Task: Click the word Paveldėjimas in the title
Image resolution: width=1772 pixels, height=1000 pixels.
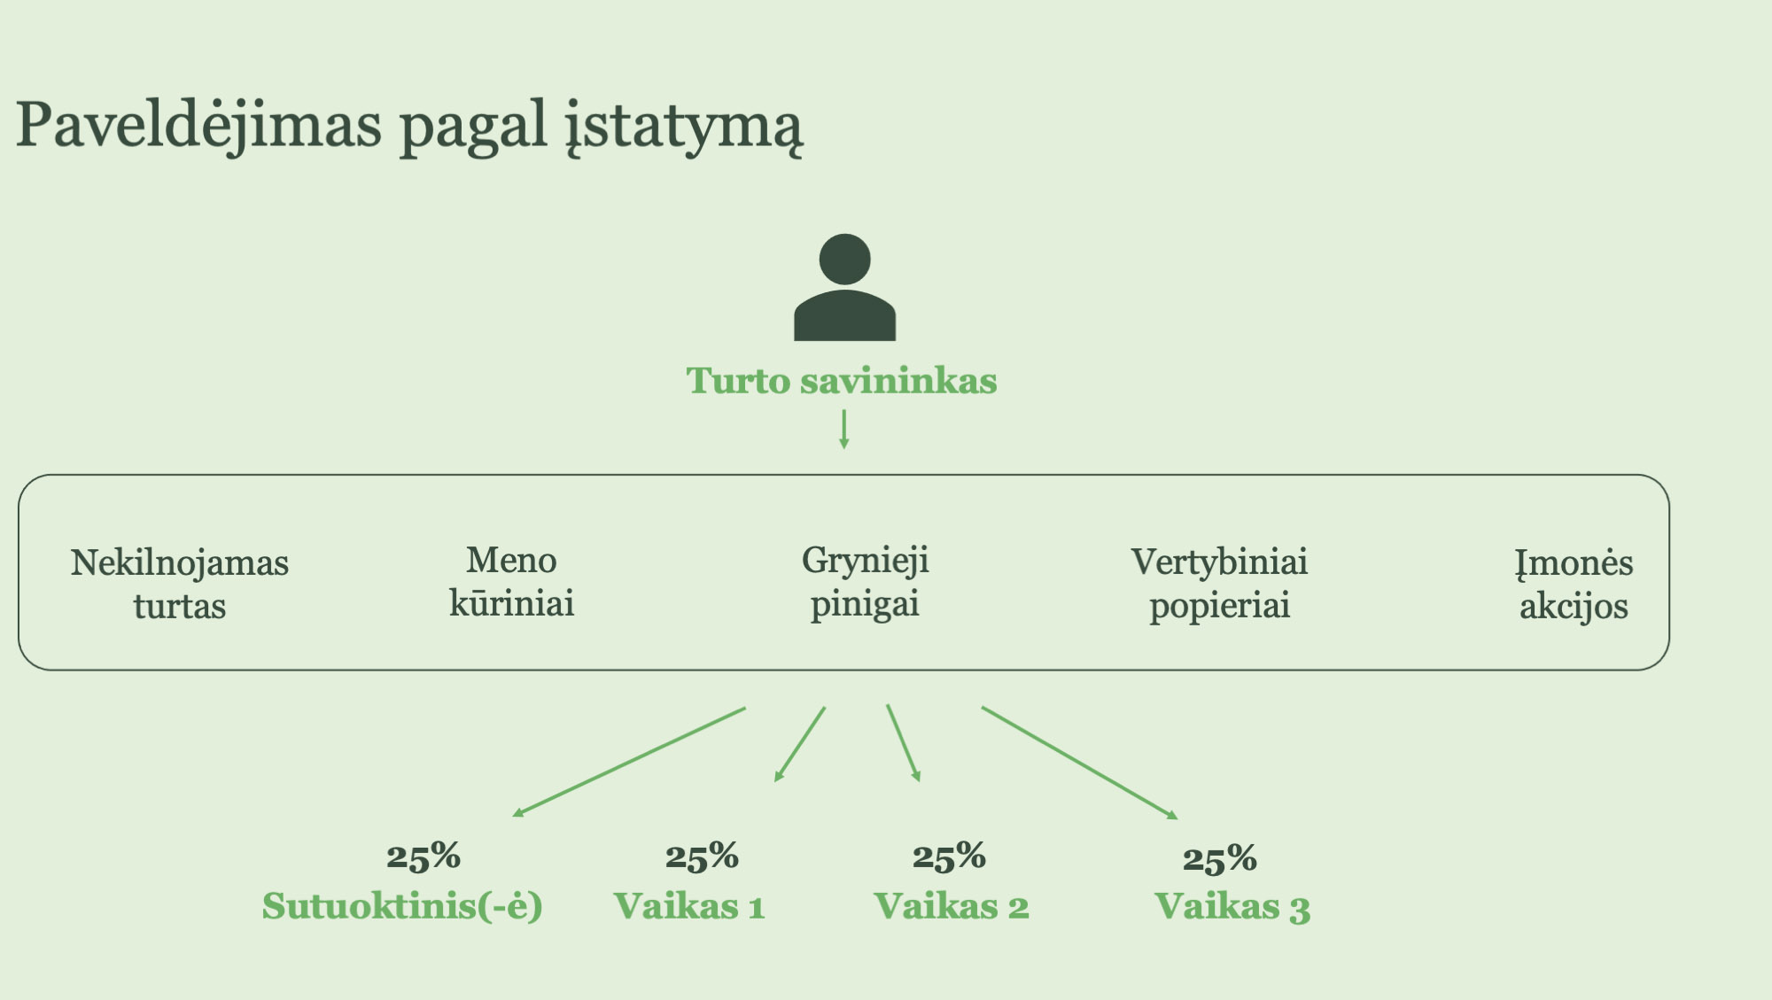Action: [x=199, y=127]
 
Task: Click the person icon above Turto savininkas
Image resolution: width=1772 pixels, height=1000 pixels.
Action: [x=844, y=287]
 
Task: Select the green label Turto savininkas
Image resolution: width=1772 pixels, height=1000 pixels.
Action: [x=842, y=381]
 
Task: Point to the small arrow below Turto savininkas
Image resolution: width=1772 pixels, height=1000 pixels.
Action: [x=844, y=429]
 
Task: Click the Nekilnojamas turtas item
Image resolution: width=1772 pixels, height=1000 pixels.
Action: [x=180, y=585]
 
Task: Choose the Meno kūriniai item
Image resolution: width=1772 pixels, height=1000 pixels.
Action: [x=512, y=582]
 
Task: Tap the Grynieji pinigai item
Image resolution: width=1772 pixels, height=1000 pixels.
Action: [x=866, y=584]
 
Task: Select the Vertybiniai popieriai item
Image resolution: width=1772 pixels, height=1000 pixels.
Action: [x=1219, y=585]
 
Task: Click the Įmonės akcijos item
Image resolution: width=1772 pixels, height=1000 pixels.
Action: [x=1574, y=585]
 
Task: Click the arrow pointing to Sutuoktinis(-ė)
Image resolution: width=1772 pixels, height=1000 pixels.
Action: [x=629, y=762]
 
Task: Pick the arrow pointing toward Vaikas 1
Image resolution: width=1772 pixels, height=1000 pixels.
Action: [x=800, y=744]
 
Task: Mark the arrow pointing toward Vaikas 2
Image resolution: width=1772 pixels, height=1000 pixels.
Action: [x=904, y=743]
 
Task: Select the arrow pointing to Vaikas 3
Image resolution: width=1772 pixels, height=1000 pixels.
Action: [x=1080, y=763]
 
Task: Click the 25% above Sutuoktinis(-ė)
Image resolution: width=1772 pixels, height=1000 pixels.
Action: [x=424, y=857]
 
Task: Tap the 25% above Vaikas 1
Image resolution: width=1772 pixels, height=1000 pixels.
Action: [x=702, y=857]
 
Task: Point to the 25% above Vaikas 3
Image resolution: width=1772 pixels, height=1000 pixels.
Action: [x=1220, y=858]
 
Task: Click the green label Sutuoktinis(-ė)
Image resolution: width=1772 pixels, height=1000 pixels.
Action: [x=402, y=906]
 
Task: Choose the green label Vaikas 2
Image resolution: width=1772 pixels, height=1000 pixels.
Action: [x=952, y=906]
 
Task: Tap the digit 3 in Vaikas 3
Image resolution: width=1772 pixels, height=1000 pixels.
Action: [x=1300, y=910]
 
